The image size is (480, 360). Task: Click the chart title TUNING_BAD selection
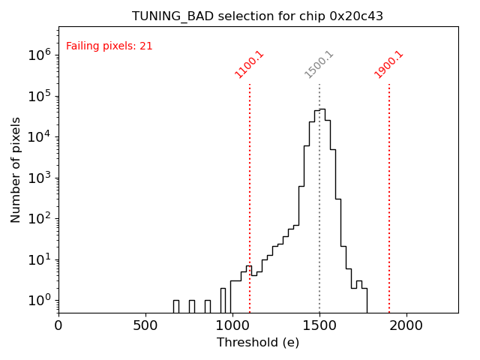coord(257,16)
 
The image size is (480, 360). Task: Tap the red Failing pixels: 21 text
coord(109,46)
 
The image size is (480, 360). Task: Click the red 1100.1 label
coord(250,64)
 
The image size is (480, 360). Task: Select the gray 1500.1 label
coord(319,64)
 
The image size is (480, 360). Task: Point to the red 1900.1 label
coord(389,64)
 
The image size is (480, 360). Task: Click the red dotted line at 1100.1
coord(250,187)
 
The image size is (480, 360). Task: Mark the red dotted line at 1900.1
coord(389,187)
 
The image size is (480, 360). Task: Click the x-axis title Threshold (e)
coord(258,343)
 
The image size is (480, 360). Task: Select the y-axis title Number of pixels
coord(16,169)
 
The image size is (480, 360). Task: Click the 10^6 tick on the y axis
coord(39,55)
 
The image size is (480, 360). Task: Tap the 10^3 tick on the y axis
coord(39,178)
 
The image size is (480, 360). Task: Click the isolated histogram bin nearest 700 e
coord(175,306)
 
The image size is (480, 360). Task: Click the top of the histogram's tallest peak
coord(322,109)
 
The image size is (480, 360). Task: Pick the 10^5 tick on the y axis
coord(39,96)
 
